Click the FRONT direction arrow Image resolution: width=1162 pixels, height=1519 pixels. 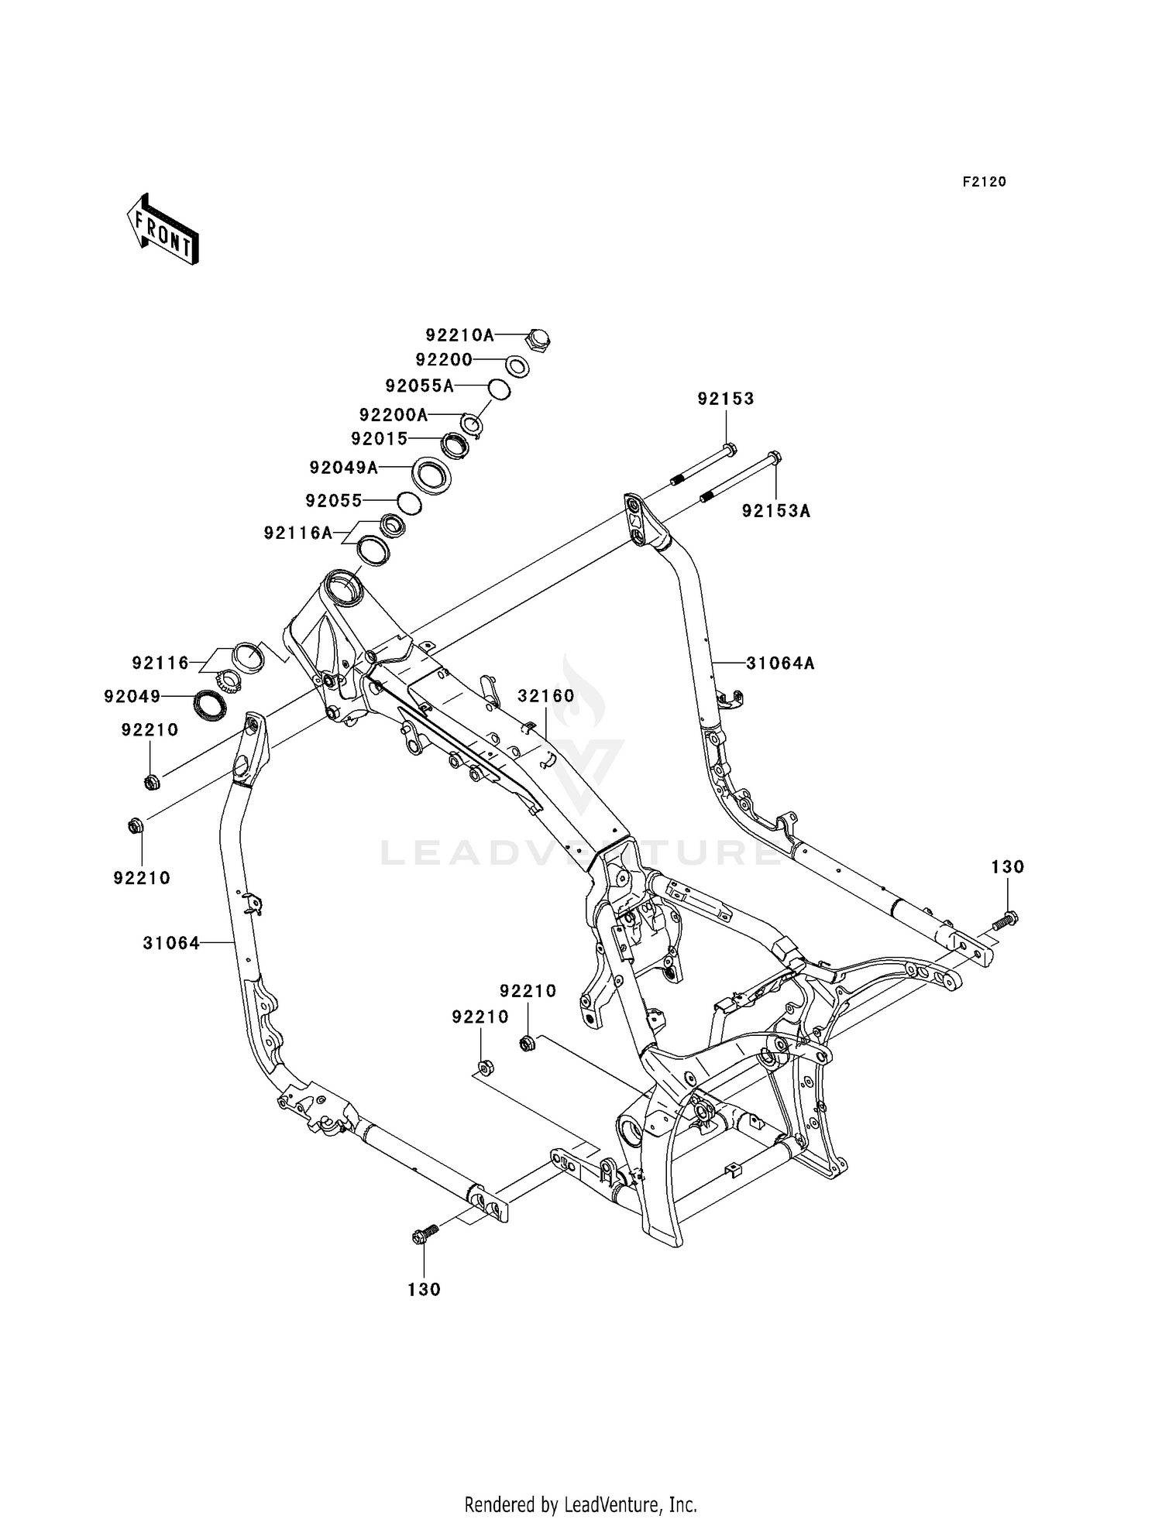click(163, 229)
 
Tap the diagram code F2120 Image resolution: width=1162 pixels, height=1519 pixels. click(984, 182)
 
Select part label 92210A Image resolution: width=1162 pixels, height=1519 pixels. click(459, 335)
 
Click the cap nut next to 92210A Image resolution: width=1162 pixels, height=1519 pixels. click(538, 339)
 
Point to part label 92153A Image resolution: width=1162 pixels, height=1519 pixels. click(775, 511)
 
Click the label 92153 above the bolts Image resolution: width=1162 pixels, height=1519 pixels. click(725, 399)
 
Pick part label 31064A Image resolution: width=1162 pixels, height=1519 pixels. click(780, 663)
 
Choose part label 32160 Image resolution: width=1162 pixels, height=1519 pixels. click(546, 696)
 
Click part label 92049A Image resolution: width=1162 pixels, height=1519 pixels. click(344, 468)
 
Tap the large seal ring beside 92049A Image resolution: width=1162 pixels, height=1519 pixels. click(431, 475)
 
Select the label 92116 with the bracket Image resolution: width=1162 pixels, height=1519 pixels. click(160, 663)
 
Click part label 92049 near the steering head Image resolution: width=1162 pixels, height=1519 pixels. click(132, 697)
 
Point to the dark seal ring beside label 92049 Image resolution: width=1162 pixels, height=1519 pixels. click(209, 705)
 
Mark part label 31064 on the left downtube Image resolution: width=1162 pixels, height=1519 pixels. click(171, 943)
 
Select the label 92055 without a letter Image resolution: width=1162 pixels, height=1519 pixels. click(334, 501)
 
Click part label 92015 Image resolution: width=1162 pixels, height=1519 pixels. click(379, 439)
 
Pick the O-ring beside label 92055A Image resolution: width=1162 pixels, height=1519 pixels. click(499, 389)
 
